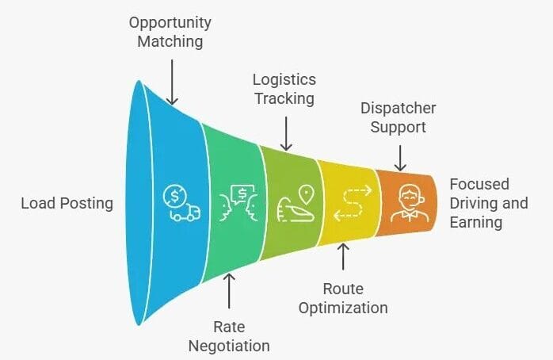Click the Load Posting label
tap(67, 204)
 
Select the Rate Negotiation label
tap(229, 336)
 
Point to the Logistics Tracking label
tap(284, 89)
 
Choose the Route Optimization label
tap(343, 298)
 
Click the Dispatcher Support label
tap(399, 117)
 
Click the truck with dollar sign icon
tap(181, 202)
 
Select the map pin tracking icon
tap(296, 203)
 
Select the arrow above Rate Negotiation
tap(230, 290)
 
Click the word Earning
tap(477, 222)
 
